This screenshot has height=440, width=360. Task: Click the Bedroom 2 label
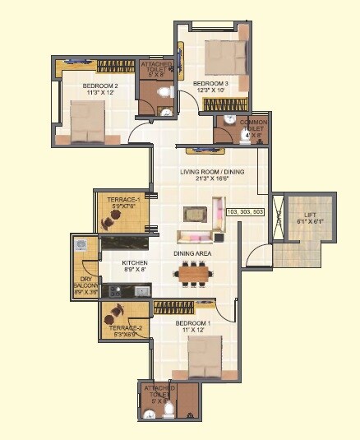click(100, 86)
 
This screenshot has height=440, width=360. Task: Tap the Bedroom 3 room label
click(211, 83)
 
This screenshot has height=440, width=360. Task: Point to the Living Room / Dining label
click(210, 171)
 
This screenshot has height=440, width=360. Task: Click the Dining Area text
click(192, 254)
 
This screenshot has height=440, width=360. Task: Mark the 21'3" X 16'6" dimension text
click(210, 178)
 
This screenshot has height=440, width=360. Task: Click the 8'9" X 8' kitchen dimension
click(112, 270)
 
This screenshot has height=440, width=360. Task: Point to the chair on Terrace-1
click(108, 220)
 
